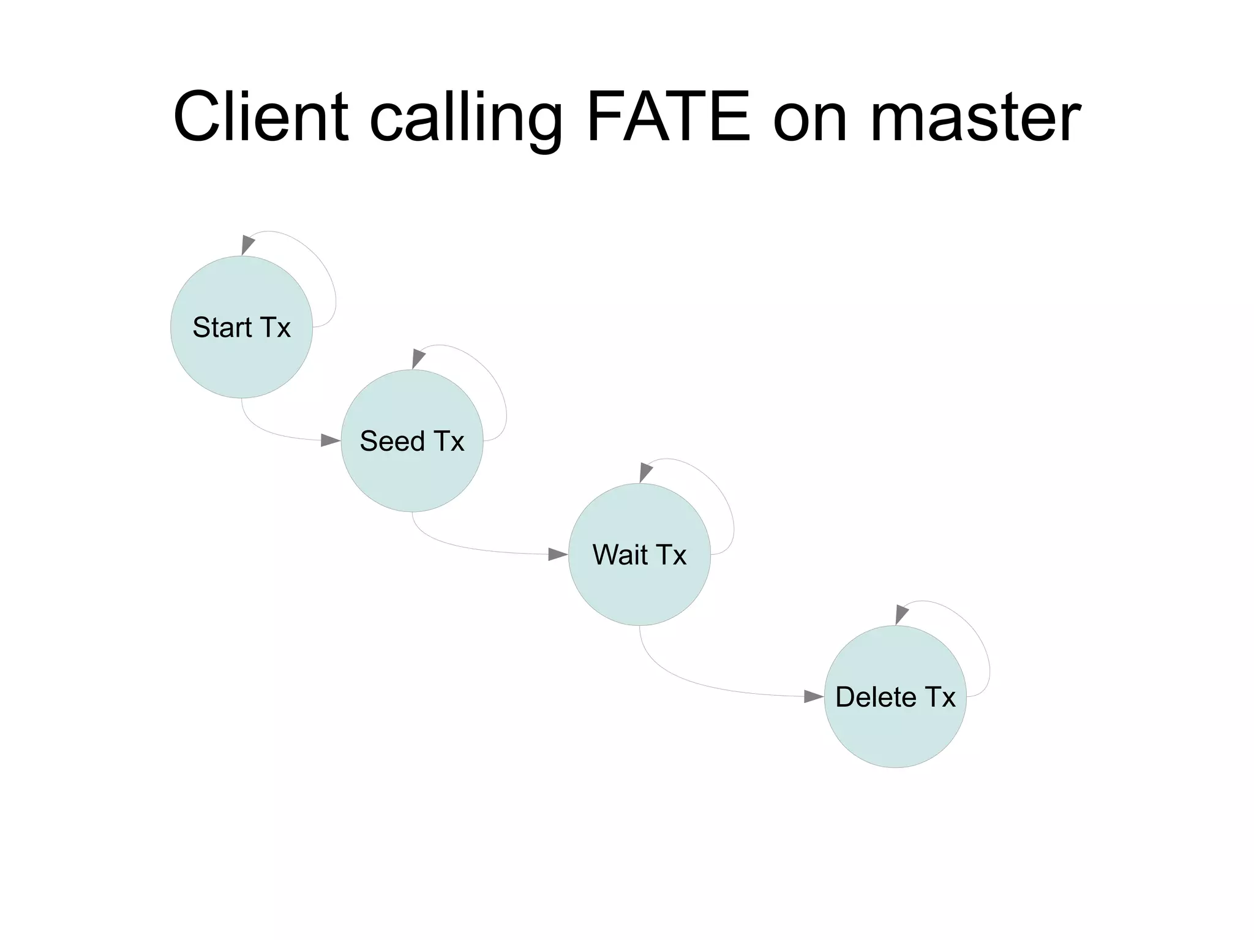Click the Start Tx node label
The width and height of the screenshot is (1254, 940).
point(241,328)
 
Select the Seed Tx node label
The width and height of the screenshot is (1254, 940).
point(412,442)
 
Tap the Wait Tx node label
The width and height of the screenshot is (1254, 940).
point(639,555)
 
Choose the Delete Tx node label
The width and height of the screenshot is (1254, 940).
point(895,697)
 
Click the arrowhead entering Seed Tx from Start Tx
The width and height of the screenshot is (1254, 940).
point(331,440)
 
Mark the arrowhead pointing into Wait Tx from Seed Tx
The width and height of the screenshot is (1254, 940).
point(558,554)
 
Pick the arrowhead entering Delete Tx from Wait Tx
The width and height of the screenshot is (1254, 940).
point(814,696)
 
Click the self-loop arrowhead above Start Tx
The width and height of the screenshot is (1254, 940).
point(247,244)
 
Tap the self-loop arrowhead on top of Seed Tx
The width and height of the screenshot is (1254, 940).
point(418,358)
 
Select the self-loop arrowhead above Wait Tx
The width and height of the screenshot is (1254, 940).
point(645,472)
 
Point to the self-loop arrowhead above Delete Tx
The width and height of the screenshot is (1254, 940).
point(901,614)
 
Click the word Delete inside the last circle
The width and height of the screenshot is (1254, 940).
point(876,697)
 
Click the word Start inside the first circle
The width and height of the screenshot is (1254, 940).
point(222,328)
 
